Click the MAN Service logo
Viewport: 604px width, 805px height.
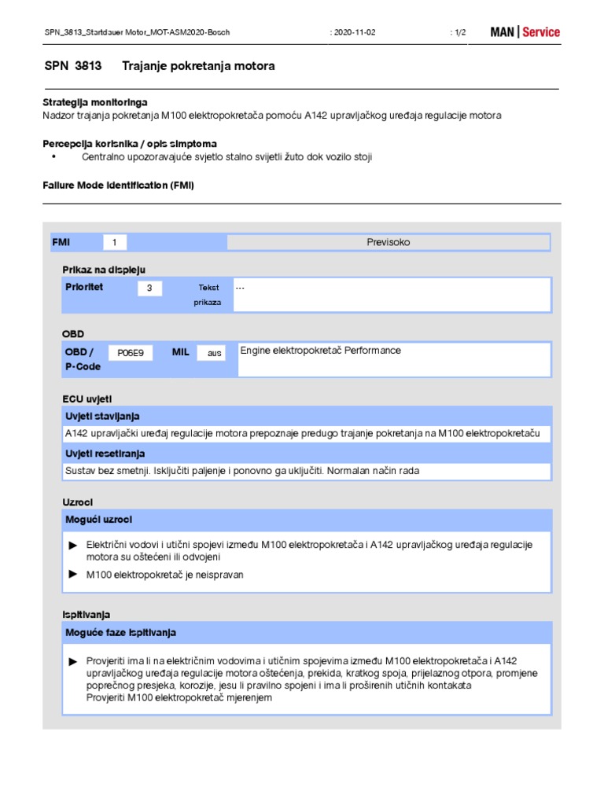(525, 32)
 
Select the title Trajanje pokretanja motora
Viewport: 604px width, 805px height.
(198, 66)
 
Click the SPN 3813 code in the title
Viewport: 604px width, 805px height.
(73, 66)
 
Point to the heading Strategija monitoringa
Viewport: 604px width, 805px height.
(94, 103)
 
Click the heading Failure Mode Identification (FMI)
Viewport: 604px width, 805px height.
(118, 185)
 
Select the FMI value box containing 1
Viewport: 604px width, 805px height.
(114, 243)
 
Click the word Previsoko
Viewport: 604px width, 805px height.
(389, 243)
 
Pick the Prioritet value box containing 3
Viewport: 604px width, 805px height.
(149, 289)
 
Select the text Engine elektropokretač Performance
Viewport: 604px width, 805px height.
(320, 351)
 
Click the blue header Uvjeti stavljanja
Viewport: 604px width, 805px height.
(104, 416)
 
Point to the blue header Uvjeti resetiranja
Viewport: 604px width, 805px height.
(105, 454)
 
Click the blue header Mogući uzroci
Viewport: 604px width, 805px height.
(99, 520)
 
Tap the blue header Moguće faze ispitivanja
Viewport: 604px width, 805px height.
(121, 632)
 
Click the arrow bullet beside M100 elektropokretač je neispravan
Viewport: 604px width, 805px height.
(73, 575)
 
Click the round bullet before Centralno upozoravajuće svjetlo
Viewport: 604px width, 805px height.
(54, 157)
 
